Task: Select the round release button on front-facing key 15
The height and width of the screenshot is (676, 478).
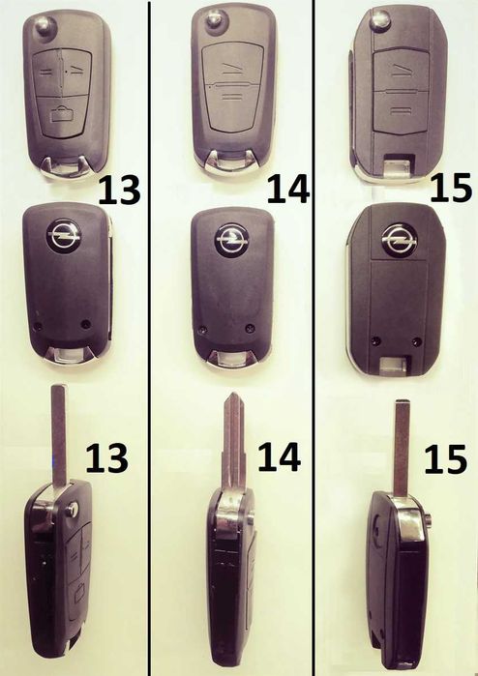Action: [380, 20]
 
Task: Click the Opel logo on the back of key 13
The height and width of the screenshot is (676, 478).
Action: [64, 235]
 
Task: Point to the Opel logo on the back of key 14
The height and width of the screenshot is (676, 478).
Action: [232, 239]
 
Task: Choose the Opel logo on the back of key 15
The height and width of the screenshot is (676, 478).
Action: [399, 239]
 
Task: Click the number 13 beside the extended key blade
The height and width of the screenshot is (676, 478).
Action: [106, 458]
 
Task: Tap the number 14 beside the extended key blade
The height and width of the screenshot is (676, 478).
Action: [279, 456]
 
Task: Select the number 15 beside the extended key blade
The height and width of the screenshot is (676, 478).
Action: [446, 459]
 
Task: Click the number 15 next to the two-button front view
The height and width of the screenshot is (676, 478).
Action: [451, 188]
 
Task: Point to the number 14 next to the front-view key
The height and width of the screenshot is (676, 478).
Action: [288, 189]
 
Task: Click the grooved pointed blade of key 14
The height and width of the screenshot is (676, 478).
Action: [233, 441]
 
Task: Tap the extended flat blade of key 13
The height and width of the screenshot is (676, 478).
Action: [59, 434]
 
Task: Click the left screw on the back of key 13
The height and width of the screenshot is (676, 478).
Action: [38, 326]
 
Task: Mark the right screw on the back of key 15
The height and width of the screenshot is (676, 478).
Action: [416, 342]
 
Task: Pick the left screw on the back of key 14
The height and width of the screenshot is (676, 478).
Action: [202, 330]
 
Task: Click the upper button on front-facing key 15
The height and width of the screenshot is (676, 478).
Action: [400, 69]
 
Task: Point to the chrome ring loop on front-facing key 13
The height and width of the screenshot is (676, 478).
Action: [66, 169]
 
